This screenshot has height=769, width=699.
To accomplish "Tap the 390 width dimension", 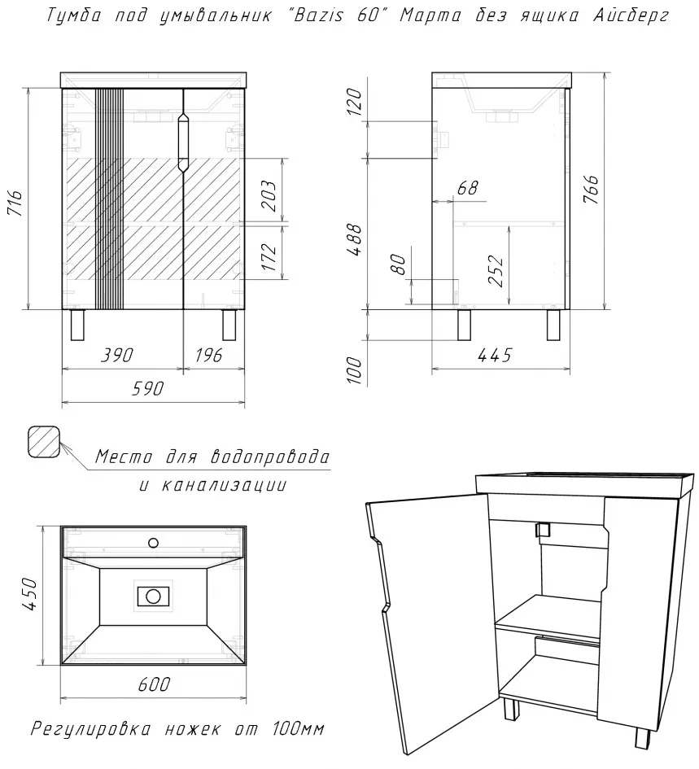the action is coord(116,355).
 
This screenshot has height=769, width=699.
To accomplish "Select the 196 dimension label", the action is coord(208,355).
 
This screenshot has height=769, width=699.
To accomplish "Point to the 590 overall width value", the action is coord(146,389).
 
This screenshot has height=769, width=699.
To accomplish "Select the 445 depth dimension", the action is coord(495,355).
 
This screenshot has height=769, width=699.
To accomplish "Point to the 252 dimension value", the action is coord(496,271).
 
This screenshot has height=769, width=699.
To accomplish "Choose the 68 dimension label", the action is coord(467,188).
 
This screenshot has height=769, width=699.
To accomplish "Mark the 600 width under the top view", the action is coord(154,684).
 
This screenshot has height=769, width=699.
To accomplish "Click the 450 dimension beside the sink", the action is coord(29,594).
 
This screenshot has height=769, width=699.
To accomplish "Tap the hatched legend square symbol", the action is coord(44,442).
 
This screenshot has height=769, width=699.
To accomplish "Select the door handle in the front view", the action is coord(183,142).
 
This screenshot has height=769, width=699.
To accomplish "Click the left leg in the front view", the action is coord(78,325).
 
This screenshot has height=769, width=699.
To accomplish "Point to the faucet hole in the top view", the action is coord(154,543).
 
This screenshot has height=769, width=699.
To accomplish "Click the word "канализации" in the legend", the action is coord(224,486).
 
